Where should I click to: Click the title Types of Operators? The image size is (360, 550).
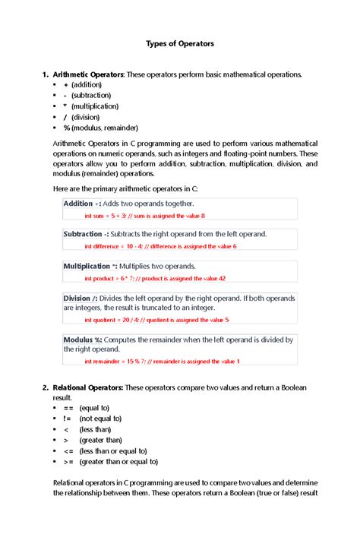click(x=180, y=43)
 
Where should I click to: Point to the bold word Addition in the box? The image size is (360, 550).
click(x=78, y=204)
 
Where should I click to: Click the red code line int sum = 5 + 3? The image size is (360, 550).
click(x=144, y=216)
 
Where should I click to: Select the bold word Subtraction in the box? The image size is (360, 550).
click(x=83, y=234)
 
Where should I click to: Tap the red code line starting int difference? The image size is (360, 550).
click(x=160, y=246)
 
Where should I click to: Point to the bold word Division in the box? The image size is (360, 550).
click(x=77, y=298)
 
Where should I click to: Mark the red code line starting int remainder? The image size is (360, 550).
click(x=162, y=361)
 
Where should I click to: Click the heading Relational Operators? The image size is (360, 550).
click(x=87, y=388)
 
